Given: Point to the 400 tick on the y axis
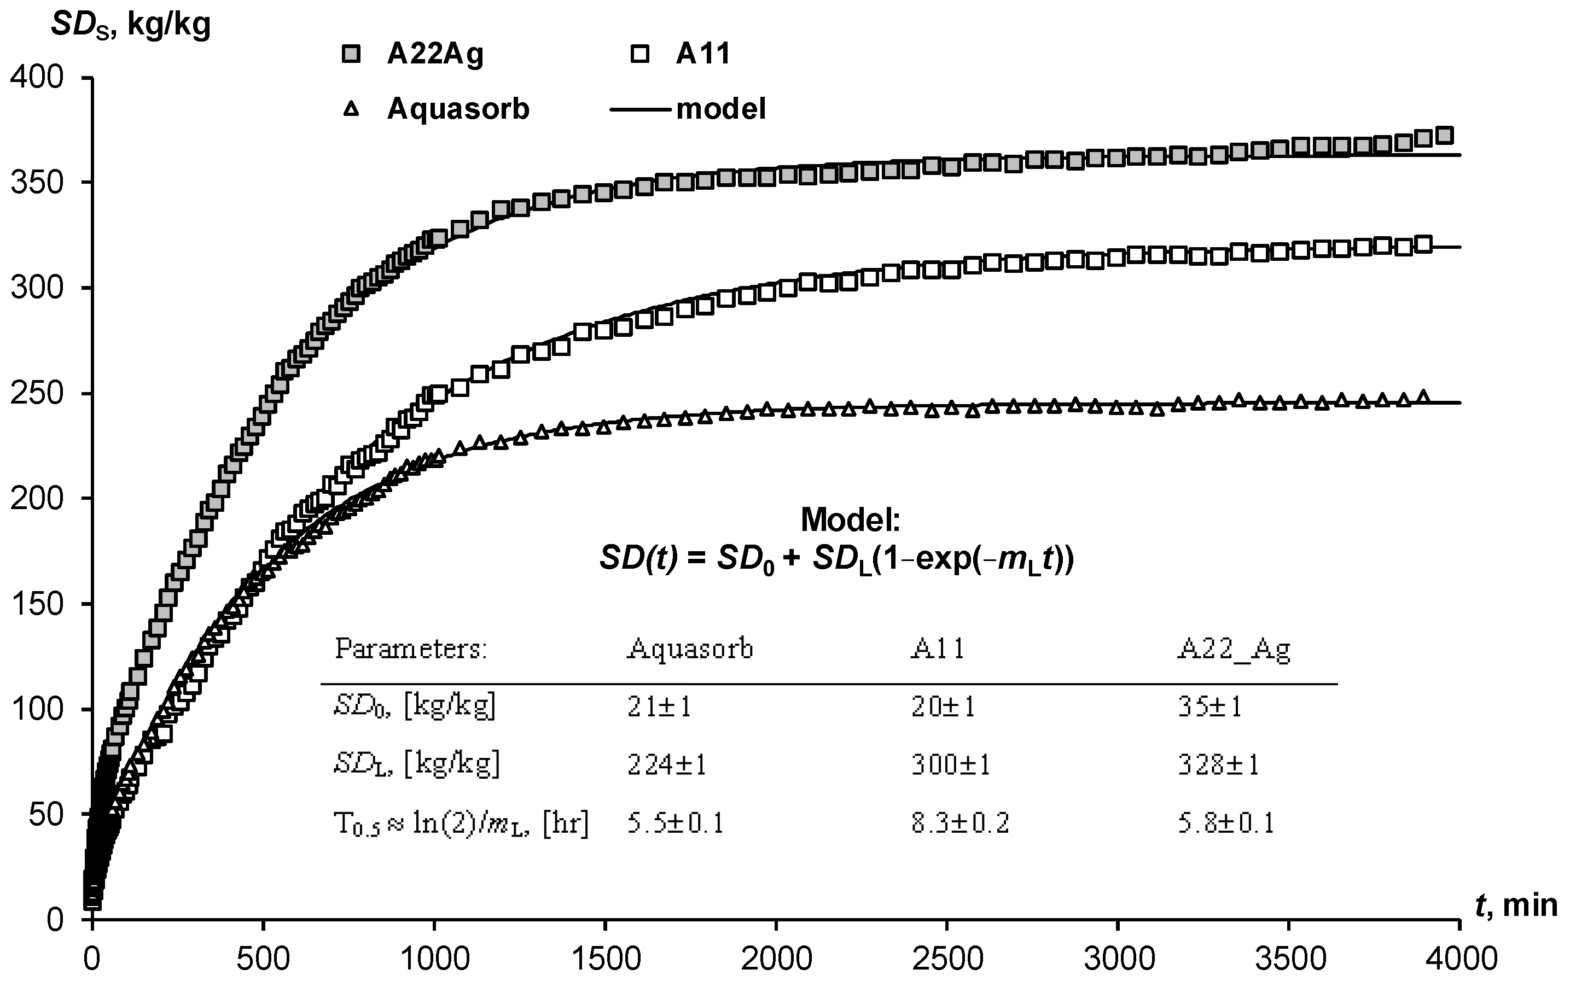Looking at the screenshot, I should (x=37, y=78).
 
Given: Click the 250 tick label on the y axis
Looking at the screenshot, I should (x=37, y=394).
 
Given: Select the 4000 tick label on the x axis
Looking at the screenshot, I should (x=1459, y=960).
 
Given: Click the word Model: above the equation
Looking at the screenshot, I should (x=850, y=519).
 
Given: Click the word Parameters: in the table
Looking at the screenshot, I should (x=411, y=649).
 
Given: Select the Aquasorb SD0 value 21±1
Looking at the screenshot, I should (x=659, y=706).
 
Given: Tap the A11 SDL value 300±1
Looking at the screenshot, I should (x=950, y=764).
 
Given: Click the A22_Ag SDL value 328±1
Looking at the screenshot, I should (x=1217, y=764).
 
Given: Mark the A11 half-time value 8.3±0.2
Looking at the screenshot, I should (x=960, y=824).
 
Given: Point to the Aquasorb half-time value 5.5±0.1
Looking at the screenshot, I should (x=676, y=824).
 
